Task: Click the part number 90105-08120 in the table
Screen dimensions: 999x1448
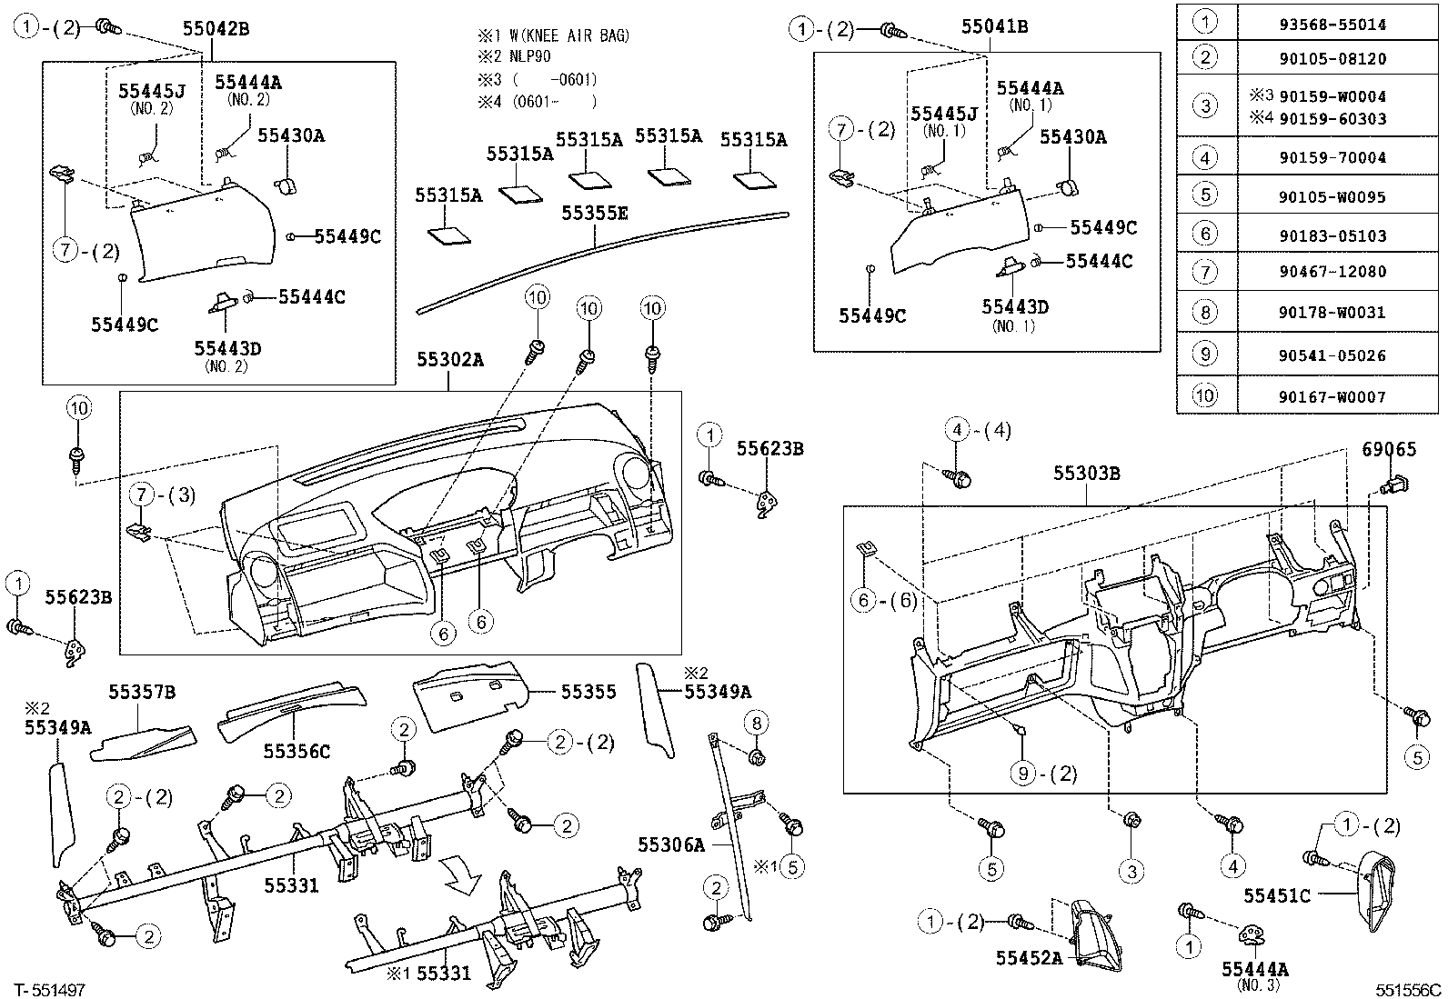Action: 1332,59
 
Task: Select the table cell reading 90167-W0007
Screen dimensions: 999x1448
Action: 1332,396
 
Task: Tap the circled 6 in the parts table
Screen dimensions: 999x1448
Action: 1205,235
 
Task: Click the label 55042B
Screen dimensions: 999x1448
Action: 216,28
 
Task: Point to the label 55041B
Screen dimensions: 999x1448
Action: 995,27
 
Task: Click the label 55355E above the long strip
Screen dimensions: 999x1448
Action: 595,213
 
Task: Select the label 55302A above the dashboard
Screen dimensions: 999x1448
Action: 450,360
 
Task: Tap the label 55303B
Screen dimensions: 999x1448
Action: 1087,473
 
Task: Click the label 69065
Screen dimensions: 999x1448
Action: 1389,449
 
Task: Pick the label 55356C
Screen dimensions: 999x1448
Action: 297,751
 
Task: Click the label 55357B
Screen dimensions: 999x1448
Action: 142,693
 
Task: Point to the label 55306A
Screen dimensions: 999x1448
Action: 671,844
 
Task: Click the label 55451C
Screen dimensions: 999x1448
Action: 1277,895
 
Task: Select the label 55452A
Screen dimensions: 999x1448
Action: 1029,957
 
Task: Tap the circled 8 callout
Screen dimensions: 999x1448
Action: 756,723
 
